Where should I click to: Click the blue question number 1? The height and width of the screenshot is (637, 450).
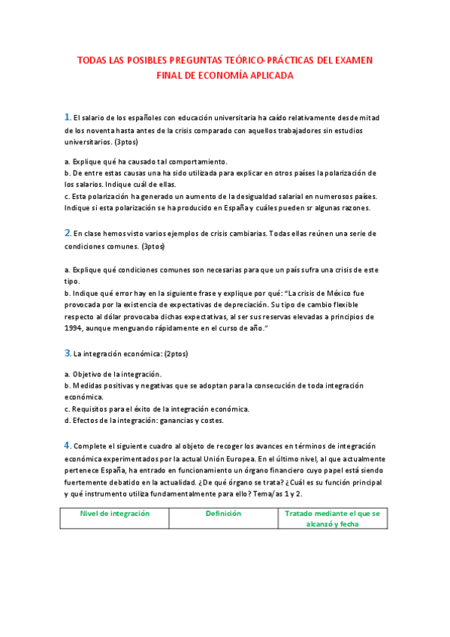pyautogui.click(x=67, y=116)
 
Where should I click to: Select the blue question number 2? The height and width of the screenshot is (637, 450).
pyautogui.click(x=67, y=233)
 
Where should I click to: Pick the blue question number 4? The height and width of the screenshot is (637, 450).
pyautogui.click(x=67, y=445)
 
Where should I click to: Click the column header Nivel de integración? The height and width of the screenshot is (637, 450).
pyautogui.click(x=115, y=514)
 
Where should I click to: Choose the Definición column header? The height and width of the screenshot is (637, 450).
pyautogui.click(x=223, y=514)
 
